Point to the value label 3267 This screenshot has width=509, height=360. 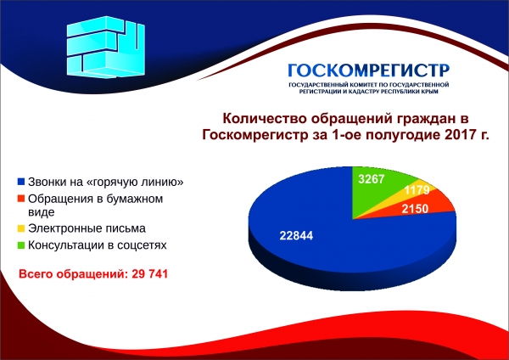tap(373, 179)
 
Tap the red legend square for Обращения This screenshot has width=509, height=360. tap(20, 200)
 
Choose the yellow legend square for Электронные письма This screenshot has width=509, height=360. tap(20, 229)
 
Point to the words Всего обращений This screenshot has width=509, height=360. tap(72, 274)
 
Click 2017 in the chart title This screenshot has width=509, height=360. tap(461, 136)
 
